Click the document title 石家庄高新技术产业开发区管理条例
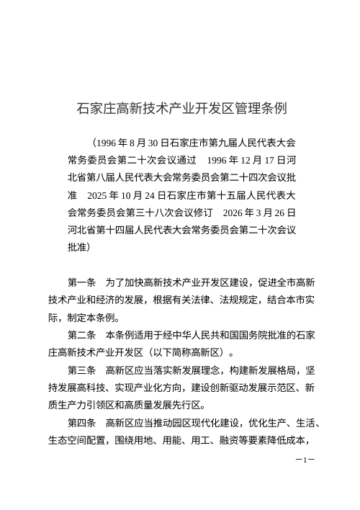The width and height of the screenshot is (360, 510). tap(182, 109)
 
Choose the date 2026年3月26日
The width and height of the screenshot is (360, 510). tap(260, 212)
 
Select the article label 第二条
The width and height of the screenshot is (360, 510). tap(82, 335)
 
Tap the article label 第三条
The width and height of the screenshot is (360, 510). tap(82, 370)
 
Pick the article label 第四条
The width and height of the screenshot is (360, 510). tap(82, 422)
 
